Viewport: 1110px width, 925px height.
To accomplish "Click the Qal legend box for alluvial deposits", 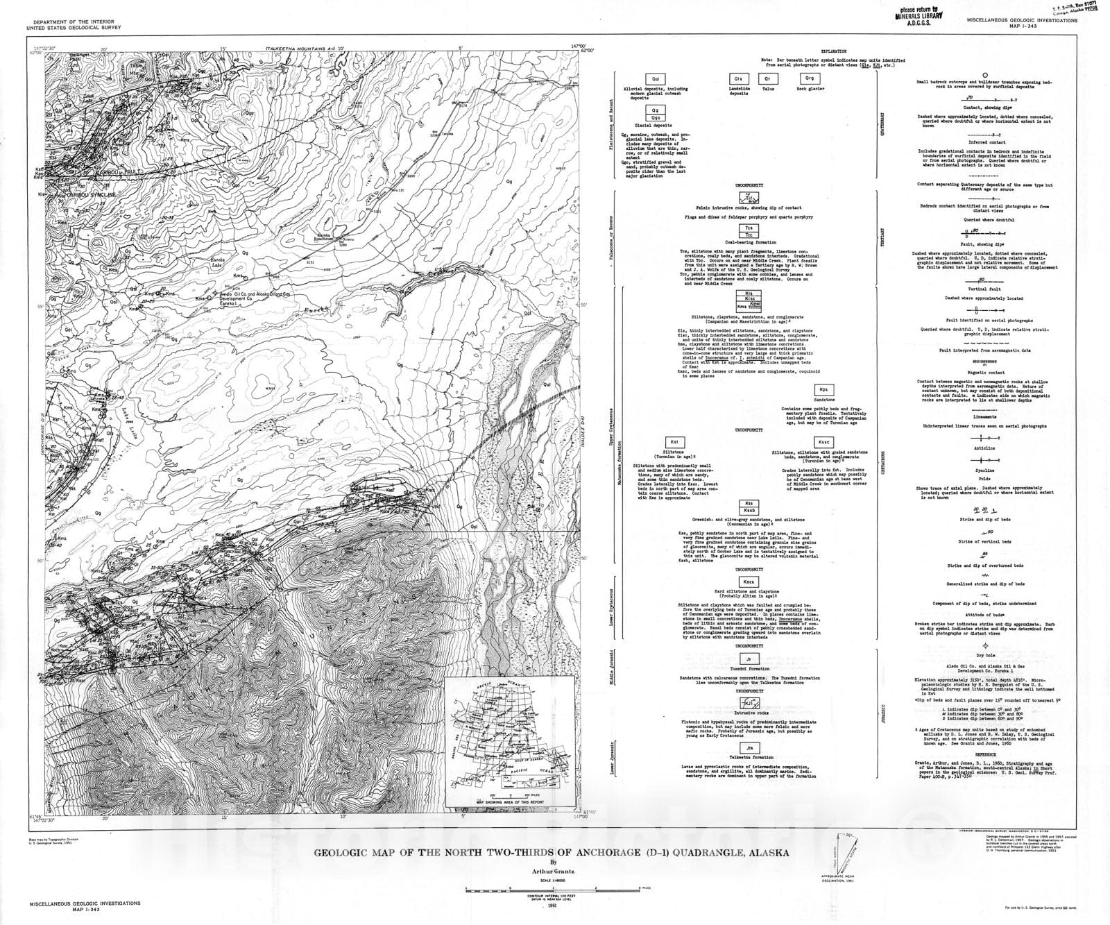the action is (655, 80).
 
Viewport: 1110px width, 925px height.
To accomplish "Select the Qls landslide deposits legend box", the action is (738, 79).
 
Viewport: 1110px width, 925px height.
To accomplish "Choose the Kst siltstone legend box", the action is (672, 441).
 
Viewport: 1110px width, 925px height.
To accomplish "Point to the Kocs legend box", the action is (749, 581).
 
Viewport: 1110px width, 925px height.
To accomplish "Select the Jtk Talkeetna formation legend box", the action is (749, 747).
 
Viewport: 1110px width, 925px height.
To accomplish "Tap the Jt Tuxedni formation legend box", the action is (749, 659).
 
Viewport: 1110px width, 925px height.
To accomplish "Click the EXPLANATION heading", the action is (833, 52).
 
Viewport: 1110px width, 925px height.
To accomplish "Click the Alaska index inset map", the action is (509, 740).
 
